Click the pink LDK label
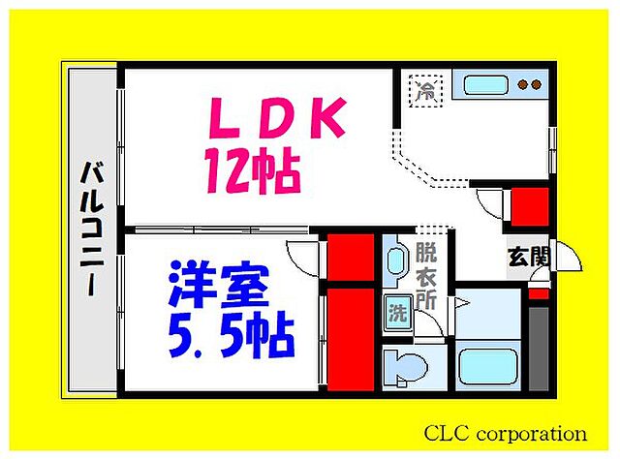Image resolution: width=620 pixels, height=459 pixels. [x=276, y=120]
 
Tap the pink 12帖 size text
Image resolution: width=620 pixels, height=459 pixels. [x=250, y=171]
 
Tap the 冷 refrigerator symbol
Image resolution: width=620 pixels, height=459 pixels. [x=425, y=91]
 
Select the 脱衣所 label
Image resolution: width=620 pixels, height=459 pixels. [x=425, y=277]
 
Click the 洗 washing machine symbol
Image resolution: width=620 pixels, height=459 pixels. [x=397, y=313]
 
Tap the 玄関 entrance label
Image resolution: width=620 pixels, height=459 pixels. [x=529, y=257]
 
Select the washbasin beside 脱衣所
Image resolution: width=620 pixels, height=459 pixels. [x=396, y=260]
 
